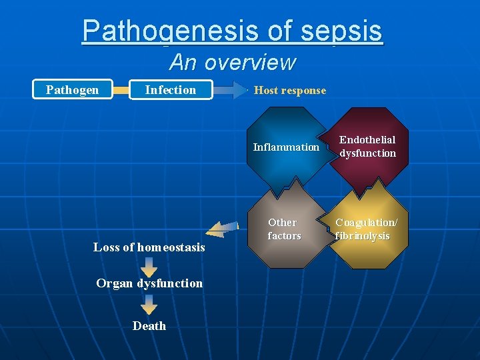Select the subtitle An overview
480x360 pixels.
click(x=233, y=62)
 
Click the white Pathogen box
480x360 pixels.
click(x=72, y=90)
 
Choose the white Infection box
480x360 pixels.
click(x=171, y=90)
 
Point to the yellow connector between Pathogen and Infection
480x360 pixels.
click(x=120, y=90)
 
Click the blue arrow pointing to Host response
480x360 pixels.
click(x=231, y=90)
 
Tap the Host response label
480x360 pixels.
click(x=290, y=91)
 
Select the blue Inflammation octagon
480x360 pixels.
click(x=286, y=148)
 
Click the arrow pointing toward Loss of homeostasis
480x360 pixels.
click(x=221, y=230)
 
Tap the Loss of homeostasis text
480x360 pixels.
click(x=149, y=247)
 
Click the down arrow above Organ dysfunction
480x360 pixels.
click(x=149, y=267)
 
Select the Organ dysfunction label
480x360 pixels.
click(x=149, y=283)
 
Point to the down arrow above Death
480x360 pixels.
click(x=149, y=304)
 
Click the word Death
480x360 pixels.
click(x=149, y=326)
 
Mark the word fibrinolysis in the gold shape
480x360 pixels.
click(x=363, y=237)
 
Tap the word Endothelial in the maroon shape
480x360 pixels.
click(x=367, y=140)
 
